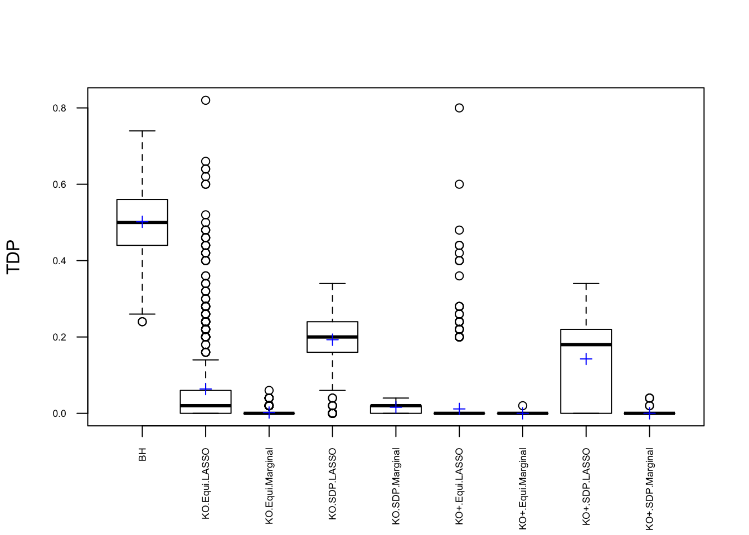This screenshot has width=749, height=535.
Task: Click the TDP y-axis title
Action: (13, 257)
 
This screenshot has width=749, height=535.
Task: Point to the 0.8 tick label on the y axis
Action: (60, 108)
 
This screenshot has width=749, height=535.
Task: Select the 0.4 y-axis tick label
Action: (60, 261)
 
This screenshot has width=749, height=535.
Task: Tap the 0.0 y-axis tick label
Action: (60, 414)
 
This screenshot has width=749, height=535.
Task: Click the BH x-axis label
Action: (143, 455)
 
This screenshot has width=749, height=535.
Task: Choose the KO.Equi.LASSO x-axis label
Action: (206, 484)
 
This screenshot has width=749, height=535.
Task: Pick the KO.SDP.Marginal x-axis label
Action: (396, 486)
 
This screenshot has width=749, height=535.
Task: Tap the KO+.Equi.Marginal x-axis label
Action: (523, 489)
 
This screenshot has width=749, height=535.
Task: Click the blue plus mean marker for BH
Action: (142, 222)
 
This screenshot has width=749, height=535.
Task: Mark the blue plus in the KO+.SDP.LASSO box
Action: (586, 359)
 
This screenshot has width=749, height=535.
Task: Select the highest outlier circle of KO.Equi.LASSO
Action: (206, 100)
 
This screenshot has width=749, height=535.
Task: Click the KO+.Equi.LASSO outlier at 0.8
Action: (459, 108)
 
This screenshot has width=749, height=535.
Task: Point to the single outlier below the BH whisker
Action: (142, 322)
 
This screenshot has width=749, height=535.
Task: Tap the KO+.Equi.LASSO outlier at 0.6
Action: (459, 184)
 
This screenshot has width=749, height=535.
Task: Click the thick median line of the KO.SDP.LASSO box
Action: (333, 337)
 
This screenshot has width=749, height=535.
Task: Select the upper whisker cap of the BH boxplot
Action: (142, 131)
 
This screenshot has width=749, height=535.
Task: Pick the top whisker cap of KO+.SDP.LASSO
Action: (586, 284)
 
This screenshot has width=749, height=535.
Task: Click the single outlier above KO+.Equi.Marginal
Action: (523, 406)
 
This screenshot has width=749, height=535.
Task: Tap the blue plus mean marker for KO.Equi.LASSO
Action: (206, 389)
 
